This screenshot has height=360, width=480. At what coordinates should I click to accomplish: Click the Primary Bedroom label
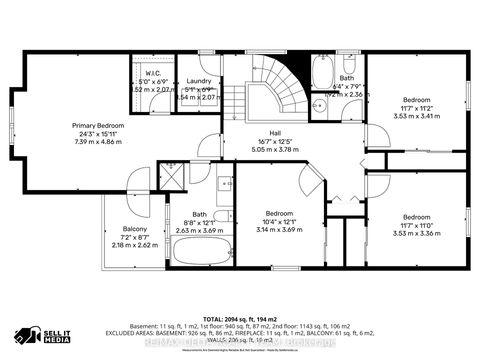pos(97,125)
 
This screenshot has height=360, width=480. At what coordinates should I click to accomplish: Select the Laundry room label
pos(196,81)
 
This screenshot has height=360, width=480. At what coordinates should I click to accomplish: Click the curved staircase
pos(274,83)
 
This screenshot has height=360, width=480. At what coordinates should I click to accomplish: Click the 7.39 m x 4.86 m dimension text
pos(97,142)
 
